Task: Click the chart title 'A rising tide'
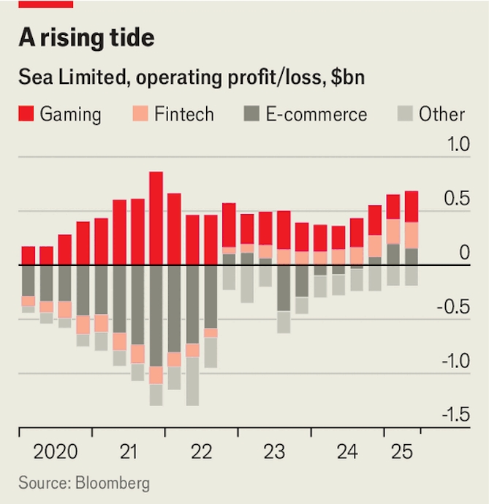pyautogui.click(x=86, y=38)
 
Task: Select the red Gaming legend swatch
pyautogui.click(x=26, y=114)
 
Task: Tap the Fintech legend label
pyautogui.click(x=183, y=114)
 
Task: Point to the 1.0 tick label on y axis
pyautogui.click(x=458, y=145)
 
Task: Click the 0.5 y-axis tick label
pyautogui.click(x=458, y=199)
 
